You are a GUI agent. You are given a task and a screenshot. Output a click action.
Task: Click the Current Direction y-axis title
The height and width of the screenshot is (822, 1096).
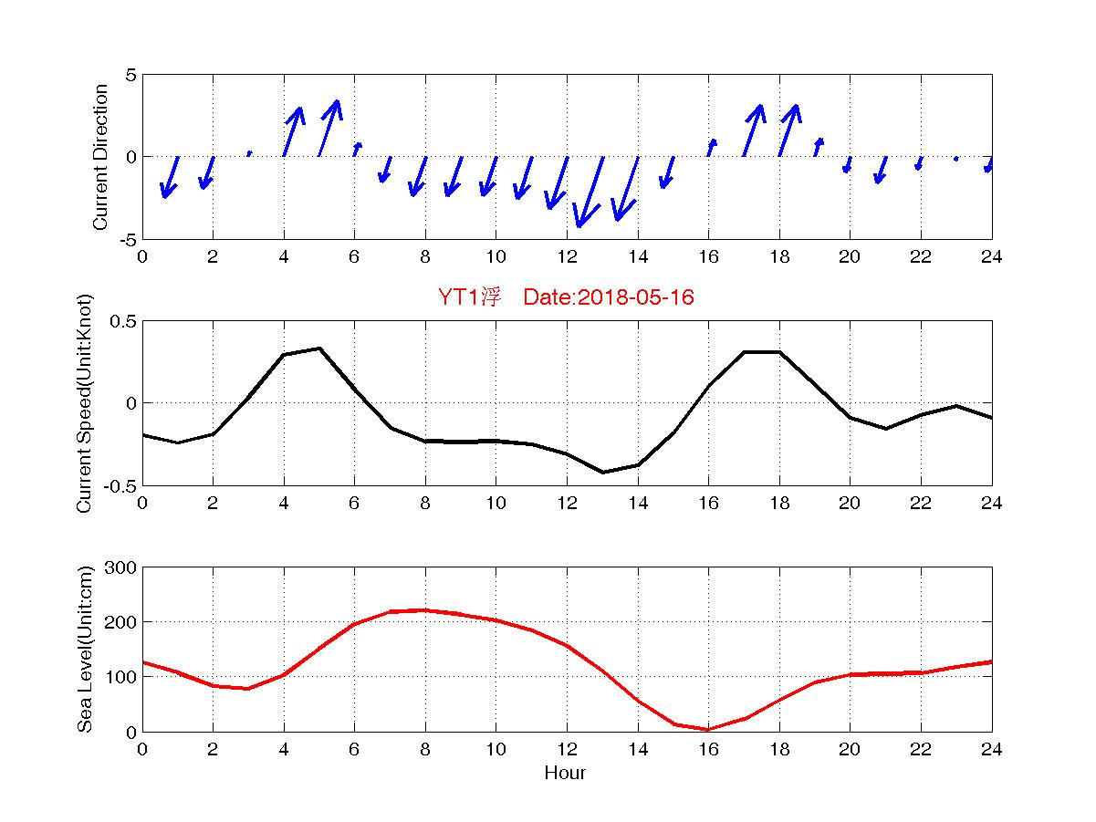pos(101,157)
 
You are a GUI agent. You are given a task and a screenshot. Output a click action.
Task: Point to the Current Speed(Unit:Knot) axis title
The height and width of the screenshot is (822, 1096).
pos(85,402)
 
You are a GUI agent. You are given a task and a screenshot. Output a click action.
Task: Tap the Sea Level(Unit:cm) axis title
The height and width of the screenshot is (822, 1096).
pos(85,649)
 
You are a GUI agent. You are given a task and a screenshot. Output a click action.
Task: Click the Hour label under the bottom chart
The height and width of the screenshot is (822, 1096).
pos(565,774)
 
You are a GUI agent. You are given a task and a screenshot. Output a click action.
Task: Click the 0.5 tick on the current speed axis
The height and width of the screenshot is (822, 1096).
pos(121,321)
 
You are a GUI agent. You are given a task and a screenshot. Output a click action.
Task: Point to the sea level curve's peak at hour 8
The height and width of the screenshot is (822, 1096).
pos(424,609)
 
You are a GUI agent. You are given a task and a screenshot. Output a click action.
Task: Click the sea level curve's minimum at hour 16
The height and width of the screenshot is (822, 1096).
pos(708,729)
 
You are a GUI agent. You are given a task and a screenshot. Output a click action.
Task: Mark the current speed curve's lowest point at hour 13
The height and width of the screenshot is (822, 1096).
pos(602,472)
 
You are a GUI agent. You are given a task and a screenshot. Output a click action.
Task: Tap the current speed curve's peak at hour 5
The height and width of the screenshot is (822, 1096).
pos(319,348)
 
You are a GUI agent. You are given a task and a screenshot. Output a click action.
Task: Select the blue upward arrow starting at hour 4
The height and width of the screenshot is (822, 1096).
pos(293,130)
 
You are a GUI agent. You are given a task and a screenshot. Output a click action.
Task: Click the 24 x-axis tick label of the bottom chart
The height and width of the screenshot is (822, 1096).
pos(992,750)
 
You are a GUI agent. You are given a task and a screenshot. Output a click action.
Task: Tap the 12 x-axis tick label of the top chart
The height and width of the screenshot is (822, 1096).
pos(567,257)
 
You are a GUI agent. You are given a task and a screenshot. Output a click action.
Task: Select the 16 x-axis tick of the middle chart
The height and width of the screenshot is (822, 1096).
pos(708,504)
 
